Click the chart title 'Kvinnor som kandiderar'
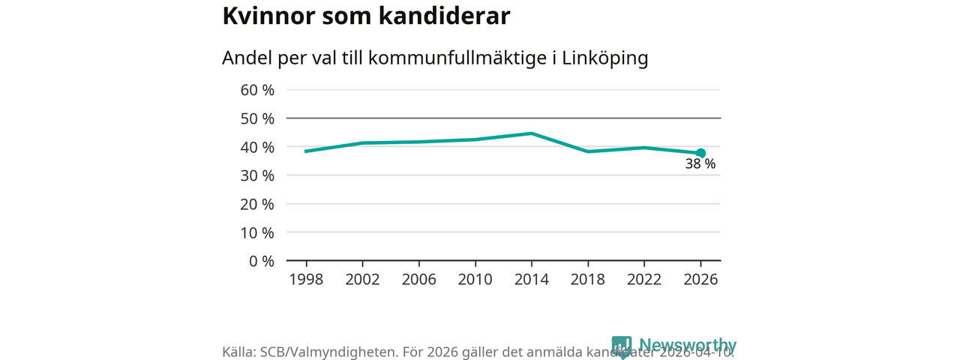click(x=367, y=17)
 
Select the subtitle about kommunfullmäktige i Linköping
click(x=435, y=58)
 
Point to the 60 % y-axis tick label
click(x=257, y=90)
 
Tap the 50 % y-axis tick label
click(x=257, y=118)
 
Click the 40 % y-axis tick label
click(x=257, y=147)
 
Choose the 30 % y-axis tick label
click(x=257, y=175)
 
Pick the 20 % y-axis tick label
click(x=257, y=204)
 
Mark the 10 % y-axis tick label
click(x=257, y=232)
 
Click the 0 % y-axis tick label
click(x=262, y=261)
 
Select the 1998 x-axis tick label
click(x=306, y=279)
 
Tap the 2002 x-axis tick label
click(x=362, y=279)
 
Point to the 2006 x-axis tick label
click(x=418, y=279)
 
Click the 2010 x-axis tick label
click(x=475, y=279)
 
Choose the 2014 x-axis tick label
click(x=531, y=279)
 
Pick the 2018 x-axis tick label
click(x=587, y=279)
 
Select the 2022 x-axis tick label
click(x=643, y=279)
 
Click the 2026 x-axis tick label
click(x=700, y=279)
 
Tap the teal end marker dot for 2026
click(x=700, y=153)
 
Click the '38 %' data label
click(x=700, y=164)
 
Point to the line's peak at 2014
click(x=531, y=133)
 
